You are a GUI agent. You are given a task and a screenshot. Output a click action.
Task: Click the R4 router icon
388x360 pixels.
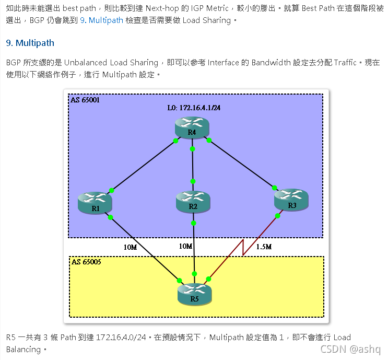pyautogui.click(x=192, y=127)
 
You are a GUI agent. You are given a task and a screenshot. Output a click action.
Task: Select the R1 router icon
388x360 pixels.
pyautogui.click(x=95, y=202)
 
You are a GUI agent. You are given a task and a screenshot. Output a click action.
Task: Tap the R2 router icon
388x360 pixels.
pyautogui.click(x=193, y=201)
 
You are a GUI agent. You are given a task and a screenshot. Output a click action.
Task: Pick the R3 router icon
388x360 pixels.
pyautogui.click(x=291, y=200)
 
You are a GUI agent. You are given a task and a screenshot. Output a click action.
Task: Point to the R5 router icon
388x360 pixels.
pyautogui.click(x=194, y=294)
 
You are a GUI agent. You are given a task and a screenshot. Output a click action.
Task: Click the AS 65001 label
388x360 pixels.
pyautogui.click(x=85, y=99)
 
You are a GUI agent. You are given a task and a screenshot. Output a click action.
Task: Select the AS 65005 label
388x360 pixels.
pyautogui.click(x=86, y=261)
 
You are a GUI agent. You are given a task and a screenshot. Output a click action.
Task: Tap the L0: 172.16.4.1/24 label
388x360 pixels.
pyautogui.click(x=193, y=108)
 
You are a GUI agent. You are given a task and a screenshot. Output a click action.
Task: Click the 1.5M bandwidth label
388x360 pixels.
pyautogui.click(x=264, y=247)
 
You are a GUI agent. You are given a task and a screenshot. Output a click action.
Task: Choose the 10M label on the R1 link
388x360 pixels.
pyautogui.click(x=130, y=247)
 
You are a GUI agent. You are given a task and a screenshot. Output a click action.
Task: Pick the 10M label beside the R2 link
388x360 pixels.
pyautogui.click(x=185, y=246)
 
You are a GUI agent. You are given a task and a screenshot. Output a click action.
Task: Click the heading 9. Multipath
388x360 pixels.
pyautogui.click(x=30, y=43)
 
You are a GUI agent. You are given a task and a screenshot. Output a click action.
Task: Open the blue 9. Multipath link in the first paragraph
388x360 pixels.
pyautogui.click(x=102, y=20)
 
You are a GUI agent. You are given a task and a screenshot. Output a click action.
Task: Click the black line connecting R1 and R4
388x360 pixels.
pyautogui.click(x=143, y=165)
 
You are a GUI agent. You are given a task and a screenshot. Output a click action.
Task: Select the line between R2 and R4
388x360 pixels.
pyautogui.click(x=193, y=165)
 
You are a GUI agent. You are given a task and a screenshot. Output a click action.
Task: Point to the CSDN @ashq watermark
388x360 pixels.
pyautogui.click(x=350, y=349)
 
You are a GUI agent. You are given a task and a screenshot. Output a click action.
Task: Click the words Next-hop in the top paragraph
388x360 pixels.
pyautogui.click(x=164, y=8)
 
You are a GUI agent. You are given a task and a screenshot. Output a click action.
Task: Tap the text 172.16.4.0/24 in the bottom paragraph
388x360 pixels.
pyautogui.click(x=121, y=337)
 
